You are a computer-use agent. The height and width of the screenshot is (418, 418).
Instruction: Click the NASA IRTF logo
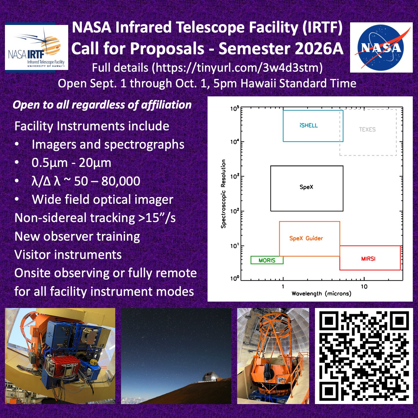point(37,47)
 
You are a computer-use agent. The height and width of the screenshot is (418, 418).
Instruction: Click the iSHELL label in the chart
point(309,125)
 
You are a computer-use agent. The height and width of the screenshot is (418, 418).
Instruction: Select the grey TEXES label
point(367,129)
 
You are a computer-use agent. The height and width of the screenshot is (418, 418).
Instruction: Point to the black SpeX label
point(306,187)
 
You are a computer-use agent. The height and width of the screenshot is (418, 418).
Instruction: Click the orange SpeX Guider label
point(306,238)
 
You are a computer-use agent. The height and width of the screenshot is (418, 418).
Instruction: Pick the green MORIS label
point(267,260)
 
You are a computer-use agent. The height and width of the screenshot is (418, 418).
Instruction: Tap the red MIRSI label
point(368,259)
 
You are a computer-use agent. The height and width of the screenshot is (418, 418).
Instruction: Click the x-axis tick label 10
point(364,287)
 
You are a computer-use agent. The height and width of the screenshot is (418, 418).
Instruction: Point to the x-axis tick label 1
point(283,287)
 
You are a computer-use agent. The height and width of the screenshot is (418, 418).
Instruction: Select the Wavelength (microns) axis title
point(321,294)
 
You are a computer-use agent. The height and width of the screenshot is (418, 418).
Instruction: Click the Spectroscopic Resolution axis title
point(223,194)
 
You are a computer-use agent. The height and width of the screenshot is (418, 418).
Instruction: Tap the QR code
point(364,356)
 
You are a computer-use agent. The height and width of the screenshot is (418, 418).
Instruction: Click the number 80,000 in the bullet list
point(121,181)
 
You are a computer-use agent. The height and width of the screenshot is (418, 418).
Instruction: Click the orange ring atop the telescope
point(273,323)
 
